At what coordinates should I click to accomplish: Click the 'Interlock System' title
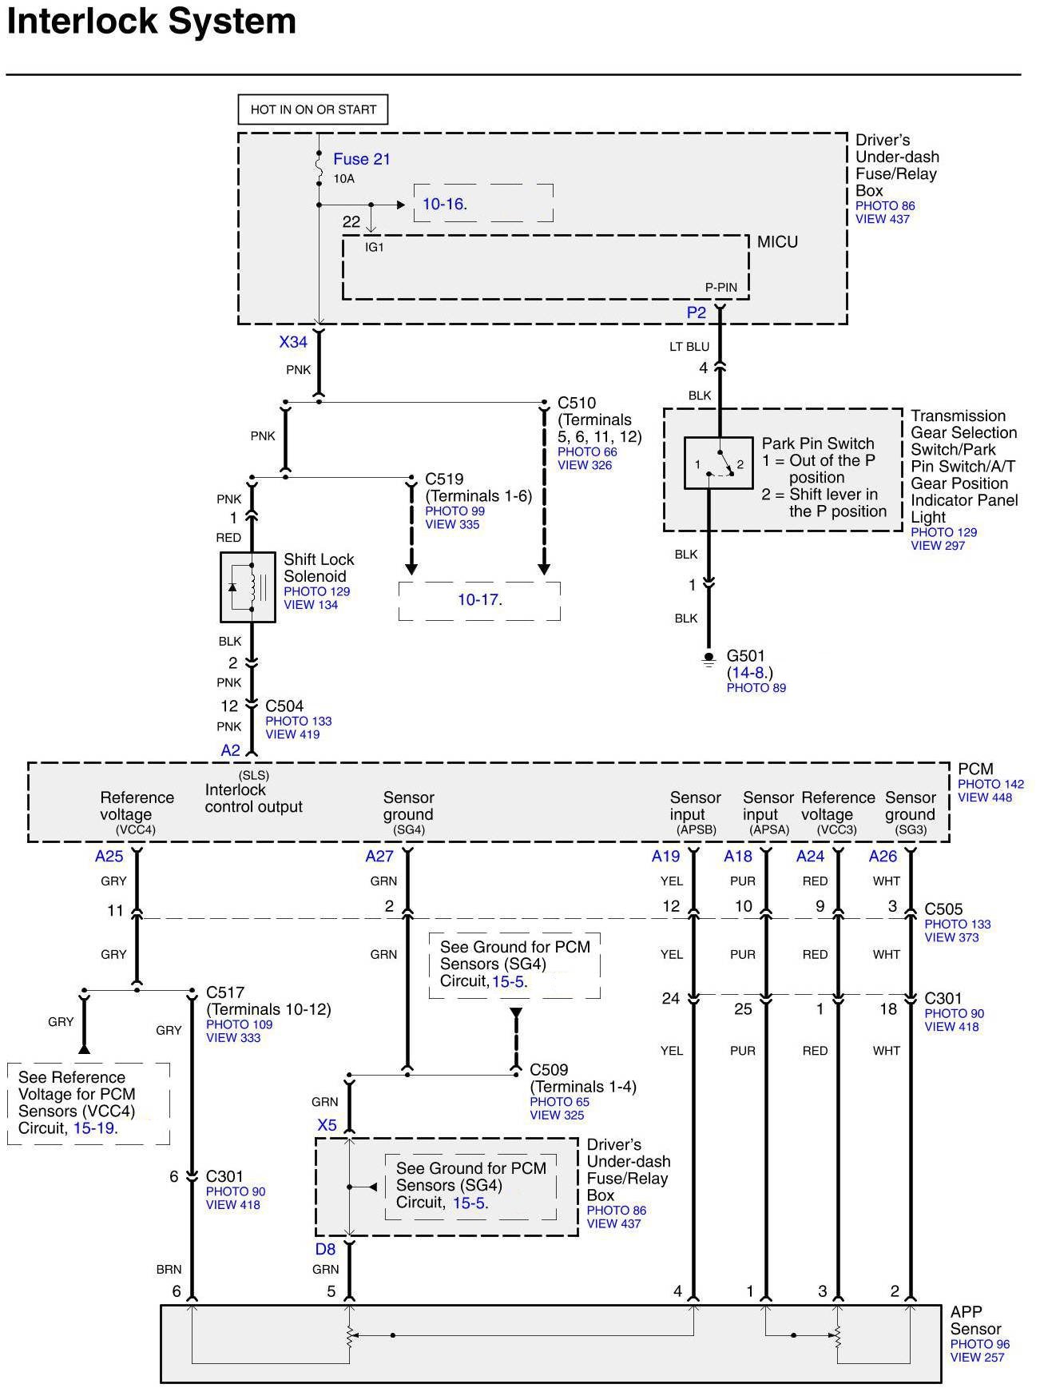coord(152,22)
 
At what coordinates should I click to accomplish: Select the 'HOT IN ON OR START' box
coord(313,110)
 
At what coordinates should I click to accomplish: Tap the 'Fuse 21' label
coord(362,159)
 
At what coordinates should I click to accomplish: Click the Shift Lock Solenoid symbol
coord(248,587)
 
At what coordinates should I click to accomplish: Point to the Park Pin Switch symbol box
coord(718,463)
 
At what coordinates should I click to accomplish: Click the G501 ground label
coord(745,657)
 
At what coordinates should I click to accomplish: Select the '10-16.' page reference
coord(444,205)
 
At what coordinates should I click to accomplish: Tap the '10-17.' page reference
coord(479,599)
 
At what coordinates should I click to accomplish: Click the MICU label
coord(776,242)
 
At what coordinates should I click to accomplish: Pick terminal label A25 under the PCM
coord(109,857)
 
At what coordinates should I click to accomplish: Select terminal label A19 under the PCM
coord(665,857)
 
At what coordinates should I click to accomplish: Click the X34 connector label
coord(293,342)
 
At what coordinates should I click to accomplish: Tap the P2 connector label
coord(697,313)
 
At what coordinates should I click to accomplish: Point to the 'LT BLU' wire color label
coord(689,347)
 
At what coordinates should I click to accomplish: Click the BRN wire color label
coord(169,1269)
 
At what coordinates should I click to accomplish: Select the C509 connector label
coord(549,1070)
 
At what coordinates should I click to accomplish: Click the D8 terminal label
coord(325,1249)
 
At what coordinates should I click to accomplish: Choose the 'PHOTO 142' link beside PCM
coord(990,784)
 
